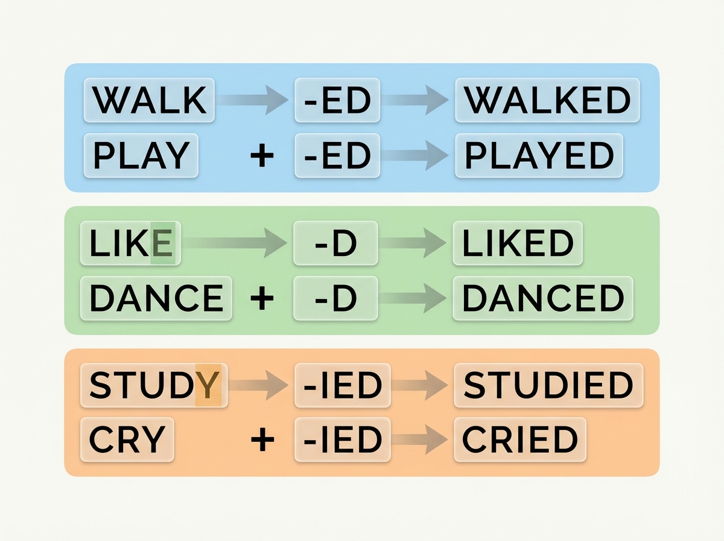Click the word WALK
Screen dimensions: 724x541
click(x=150, y=100)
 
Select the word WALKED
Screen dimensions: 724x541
click(x=547, y=100)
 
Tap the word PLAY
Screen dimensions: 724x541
click(x=141, y=155)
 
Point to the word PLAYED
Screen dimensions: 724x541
click(x=539, y=155)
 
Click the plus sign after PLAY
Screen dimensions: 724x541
click(x=262, y=155)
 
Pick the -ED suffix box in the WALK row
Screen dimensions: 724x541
click(x=337, y=100)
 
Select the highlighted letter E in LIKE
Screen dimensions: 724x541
click(x=162, y=243)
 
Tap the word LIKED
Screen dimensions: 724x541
click(x=518, y=243)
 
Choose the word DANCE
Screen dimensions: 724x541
click(x=157, y=298)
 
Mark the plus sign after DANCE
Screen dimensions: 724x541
click(x=262, y=298)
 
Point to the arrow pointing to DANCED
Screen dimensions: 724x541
click(x=413, y=298)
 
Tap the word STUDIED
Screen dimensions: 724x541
click(x=548, y=385)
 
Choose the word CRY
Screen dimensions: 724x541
click(x=127, y=440)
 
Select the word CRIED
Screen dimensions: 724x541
click(x=519, y=440)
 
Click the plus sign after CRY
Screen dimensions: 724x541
click(x=262, y=440)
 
